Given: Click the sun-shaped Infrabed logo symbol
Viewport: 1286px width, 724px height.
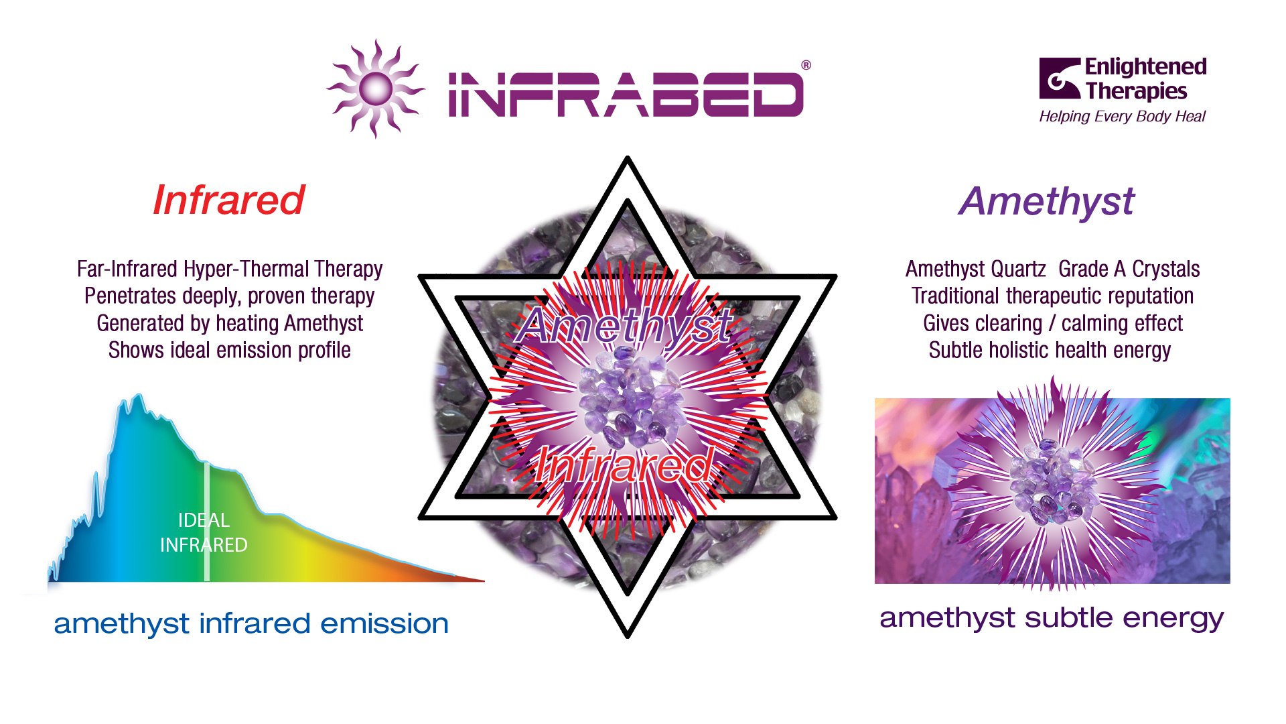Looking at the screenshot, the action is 376,88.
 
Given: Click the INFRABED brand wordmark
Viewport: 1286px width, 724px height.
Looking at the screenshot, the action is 626,95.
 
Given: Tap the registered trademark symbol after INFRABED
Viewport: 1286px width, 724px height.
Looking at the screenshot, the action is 806,65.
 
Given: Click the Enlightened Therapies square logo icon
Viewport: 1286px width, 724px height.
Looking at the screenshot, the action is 1060,78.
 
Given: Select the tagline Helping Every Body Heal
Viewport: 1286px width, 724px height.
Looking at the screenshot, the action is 1122,117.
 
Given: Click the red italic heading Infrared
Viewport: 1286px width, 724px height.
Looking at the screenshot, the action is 229,200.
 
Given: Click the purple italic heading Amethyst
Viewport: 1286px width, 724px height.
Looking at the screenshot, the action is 1046,201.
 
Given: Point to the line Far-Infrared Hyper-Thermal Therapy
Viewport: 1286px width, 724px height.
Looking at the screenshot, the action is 230,269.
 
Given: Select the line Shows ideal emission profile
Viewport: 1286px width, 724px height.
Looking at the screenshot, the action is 230,350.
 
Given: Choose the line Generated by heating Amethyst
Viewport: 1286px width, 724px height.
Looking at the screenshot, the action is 230,323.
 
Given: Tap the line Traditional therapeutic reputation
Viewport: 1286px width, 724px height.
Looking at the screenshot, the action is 1052,296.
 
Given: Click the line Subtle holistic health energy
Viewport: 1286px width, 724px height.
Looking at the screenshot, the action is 1050,350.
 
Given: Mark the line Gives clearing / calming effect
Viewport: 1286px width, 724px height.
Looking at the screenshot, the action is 1052,323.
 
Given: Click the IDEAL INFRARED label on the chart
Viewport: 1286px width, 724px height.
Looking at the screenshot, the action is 204,532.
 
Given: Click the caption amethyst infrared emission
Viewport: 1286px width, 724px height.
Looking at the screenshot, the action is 251,624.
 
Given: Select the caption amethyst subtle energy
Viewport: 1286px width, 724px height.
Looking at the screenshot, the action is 1052,618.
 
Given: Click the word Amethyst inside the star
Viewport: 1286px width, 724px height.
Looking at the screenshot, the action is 626,326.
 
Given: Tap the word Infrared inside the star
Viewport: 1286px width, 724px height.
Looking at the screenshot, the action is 624,465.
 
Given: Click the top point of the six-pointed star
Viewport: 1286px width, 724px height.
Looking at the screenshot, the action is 628,157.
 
